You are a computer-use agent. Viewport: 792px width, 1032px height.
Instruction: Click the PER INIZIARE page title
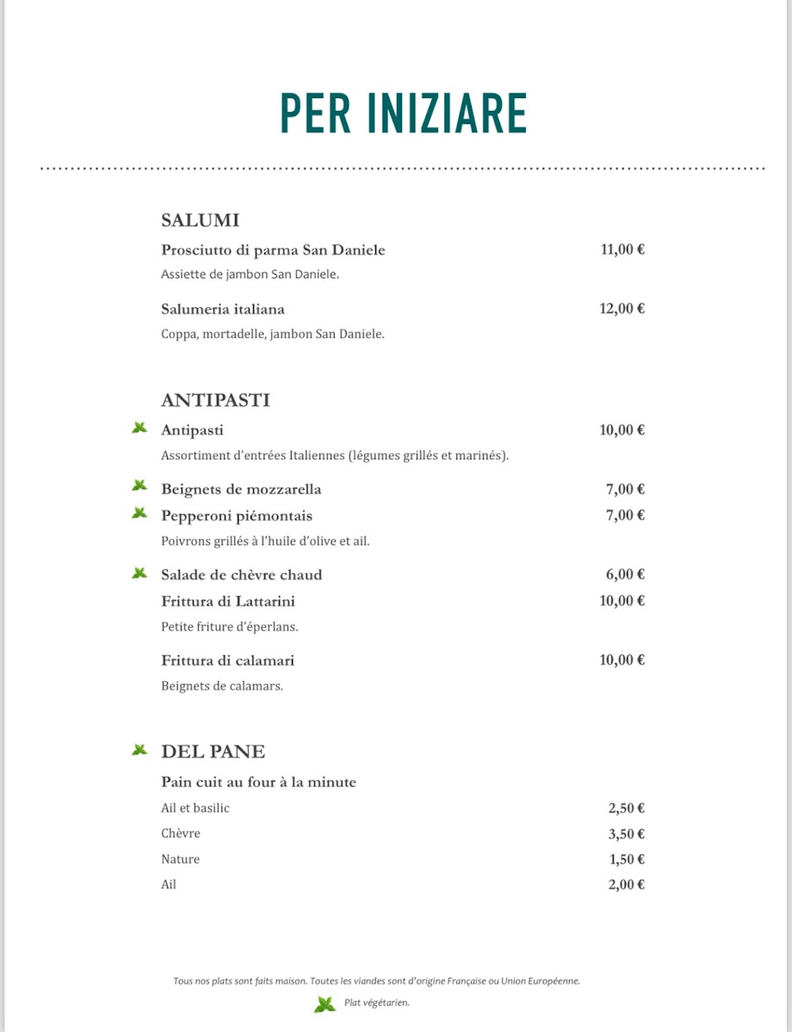404,113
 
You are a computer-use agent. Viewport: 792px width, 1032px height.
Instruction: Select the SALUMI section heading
200,220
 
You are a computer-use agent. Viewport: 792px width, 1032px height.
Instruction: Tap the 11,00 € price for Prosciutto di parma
622,250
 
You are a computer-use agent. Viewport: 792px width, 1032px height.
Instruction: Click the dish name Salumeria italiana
223,309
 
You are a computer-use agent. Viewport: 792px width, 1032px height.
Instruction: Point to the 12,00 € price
622,309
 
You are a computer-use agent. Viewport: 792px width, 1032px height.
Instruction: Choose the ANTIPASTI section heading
215,400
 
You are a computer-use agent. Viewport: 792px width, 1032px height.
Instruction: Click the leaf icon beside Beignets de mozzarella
139,487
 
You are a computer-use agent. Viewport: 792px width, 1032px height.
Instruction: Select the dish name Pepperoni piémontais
237,516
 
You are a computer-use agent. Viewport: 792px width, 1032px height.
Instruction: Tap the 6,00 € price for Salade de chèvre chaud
626,574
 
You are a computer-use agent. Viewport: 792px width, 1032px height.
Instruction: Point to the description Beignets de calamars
222,686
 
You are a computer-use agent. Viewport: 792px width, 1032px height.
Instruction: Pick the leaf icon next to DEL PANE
139,750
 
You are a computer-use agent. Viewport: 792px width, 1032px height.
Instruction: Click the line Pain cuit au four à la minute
258,782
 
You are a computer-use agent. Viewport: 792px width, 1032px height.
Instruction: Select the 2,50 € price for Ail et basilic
627,808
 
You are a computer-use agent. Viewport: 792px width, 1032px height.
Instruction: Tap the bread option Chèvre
181,833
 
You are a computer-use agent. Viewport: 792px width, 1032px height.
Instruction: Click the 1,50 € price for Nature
627,859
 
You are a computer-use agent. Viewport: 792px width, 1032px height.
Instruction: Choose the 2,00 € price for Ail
627,884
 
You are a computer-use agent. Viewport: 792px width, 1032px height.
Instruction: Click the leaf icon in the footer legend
325,1004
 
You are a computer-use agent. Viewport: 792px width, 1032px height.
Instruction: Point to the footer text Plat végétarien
376,1003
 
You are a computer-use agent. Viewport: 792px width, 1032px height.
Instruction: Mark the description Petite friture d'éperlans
230,627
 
